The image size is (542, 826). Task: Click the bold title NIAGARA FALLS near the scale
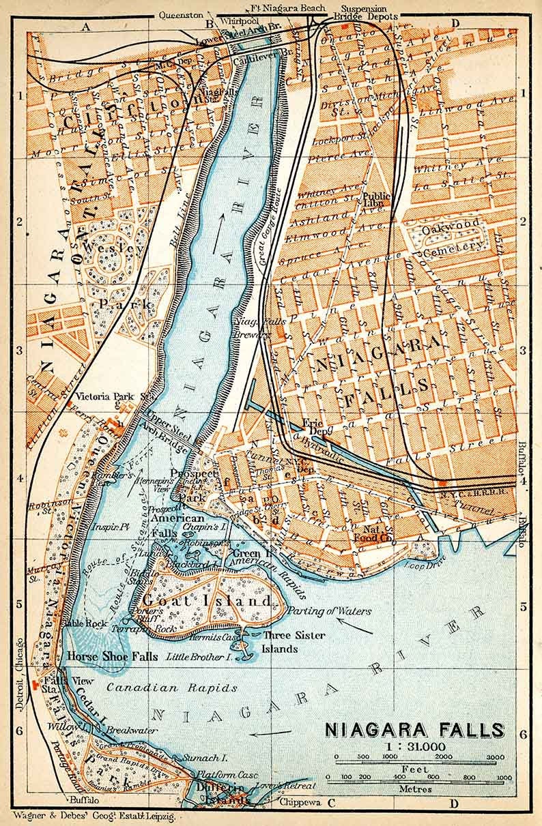[x=414, y=731]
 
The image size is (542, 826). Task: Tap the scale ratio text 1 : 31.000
[x=414, y=748]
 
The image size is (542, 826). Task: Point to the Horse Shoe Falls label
[x=113, y=656]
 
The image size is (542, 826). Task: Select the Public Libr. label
[x=377, y=199]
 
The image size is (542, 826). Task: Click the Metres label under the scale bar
[x=415, y=788]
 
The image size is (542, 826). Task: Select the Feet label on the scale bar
[x=415, y=767]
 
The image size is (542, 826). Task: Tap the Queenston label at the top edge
[x=181, y=14]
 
